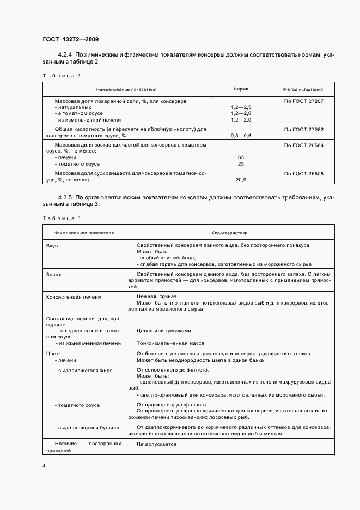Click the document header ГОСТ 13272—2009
point(70,39)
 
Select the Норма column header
point(241,89)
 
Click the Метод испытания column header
point(303,89)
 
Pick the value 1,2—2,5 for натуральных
point(241,108)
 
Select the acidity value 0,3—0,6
point(241,135)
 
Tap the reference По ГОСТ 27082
point(303,129)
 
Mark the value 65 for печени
point(241,157)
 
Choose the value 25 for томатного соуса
point(241,163)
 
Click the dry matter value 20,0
point(241,179)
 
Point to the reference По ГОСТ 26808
point(303,173)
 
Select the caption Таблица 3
point(61,218)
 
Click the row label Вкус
point(52,245)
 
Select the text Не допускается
point(156,444)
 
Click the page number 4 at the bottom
point(44,466)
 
